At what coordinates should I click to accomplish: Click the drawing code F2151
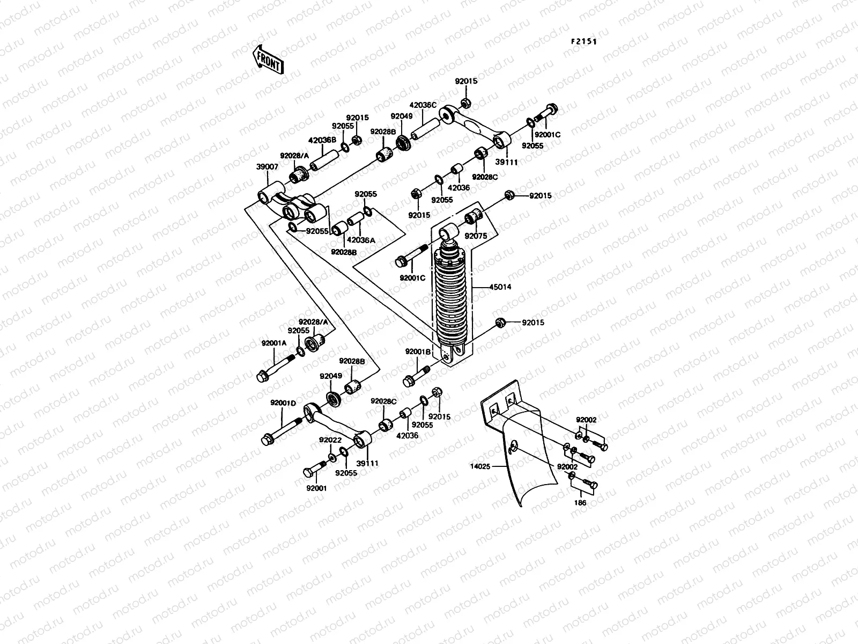(583, 41)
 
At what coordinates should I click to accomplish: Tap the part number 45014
(500, 287)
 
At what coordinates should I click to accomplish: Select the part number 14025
(480, 467)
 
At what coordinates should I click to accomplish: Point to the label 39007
(267, 167)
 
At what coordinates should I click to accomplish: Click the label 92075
(475, 236)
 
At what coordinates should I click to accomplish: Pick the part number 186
(580, 503)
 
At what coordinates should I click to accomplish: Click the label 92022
(330, 440)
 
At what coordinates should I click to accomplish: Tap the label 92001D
(283, 403)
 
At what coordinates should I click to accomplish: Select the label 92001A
(274, 343)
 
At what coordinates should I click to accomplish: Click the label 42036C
(424, 105)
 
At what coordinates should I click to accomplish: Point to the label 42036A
(361, 240)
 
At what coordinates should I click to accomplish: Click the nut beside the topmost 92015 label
(466, 102)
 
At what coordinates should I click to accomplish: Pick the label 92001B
(418, 352)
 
